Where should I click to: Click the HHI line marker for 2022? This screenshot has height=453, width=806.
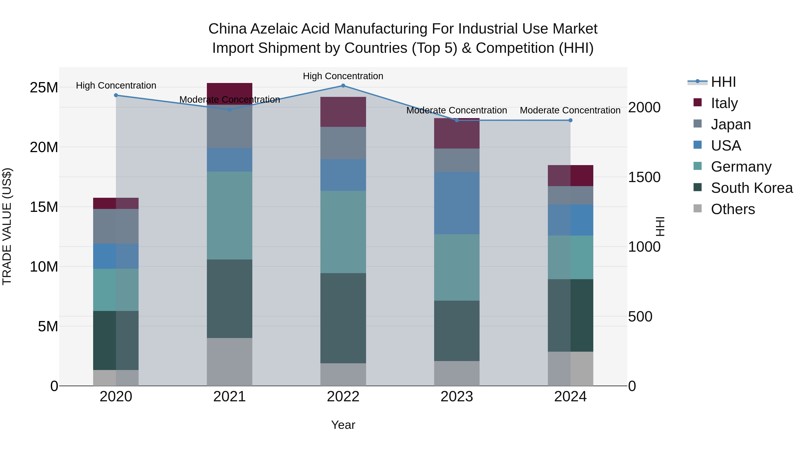[x=343, y=86]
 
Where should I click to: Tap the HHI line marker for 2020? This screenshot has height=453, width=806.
[x=116, y=95]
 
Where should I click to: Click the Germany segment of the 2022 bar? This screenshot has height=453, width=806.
[x=343, y=232]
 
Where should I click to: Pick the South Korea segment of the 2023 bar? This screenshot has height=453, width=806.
[x=457, y=331]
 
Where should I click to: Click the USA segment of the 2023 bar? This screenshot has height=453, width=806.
[x=457, y=203]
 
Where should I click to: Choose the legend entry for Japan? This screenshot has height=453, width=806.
[x=730, y=124]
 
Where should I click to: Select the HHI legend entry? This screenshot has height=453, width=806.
[x=723, y=82]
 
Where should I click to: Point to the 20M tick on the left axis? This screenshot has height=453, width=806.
[x=44, y=147]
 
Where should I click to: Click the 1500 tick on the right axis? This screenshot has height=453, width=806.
[x=644, y=177]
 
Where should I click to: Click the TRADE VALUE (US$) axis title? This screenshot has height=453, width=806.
[x=7, y=226]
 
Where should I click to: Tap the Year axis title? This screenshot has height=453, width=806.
[x=343, y=425]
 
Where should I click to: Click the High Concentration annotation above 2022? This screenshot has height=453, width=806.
[x=343, y=76]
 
